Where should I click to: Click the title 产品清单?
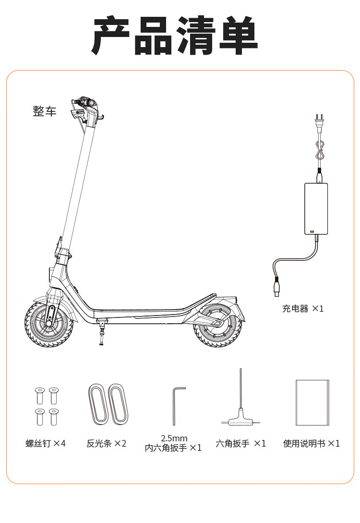coord(175,36)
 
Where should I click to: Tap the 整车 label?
coord(45,111)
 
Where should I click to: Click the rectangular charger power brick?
coord(316,209)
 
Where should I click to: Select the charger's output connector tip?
coord(277,288)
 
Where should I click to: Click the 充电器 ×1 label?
coord(303,309)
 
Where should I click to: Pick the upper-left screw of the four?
coord(40,396)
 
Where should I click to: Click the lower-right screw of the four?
coord(53,416)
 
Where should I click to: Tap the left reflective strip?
coord(97,404)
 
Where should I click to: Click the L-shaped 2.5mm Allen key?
coord(176,406)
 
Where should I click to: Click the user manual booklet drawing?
coord(312,402)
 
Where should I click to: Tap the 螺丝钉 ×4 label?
coord(46,443)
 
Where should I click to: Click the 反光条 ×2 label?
coord(107,443)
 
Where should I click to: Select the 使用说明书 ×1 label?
coord(312,443)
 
